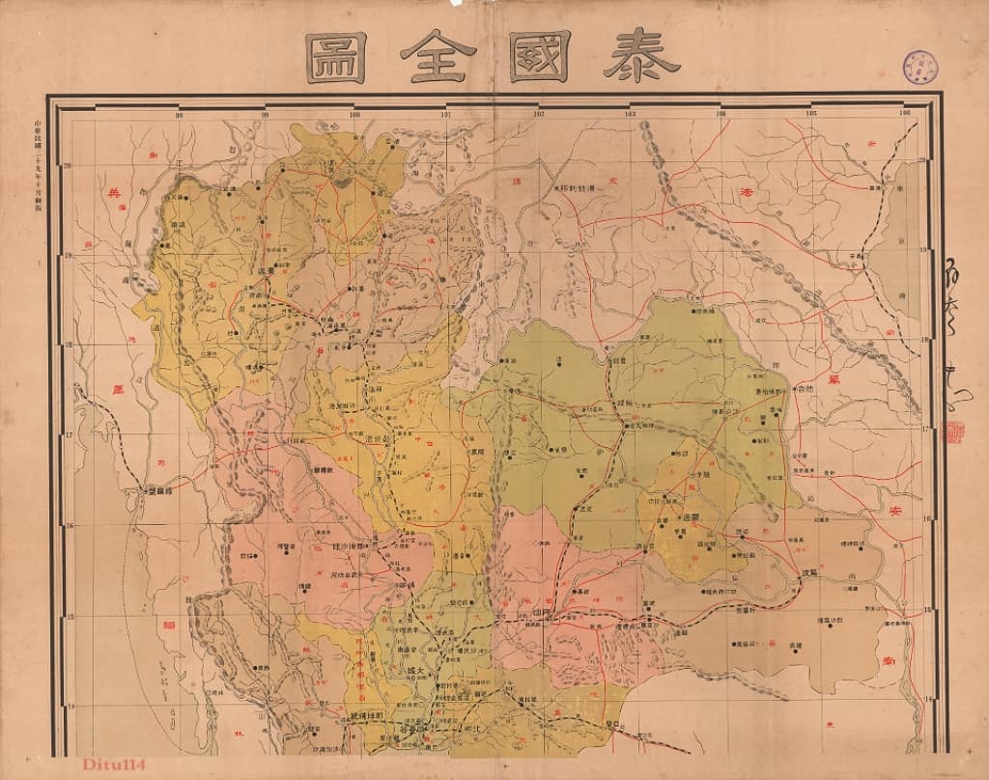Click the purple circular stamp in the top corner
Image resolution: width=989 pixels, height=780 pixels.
920,67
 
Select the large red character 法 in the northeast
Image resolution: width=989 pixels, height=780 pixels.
745,190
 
